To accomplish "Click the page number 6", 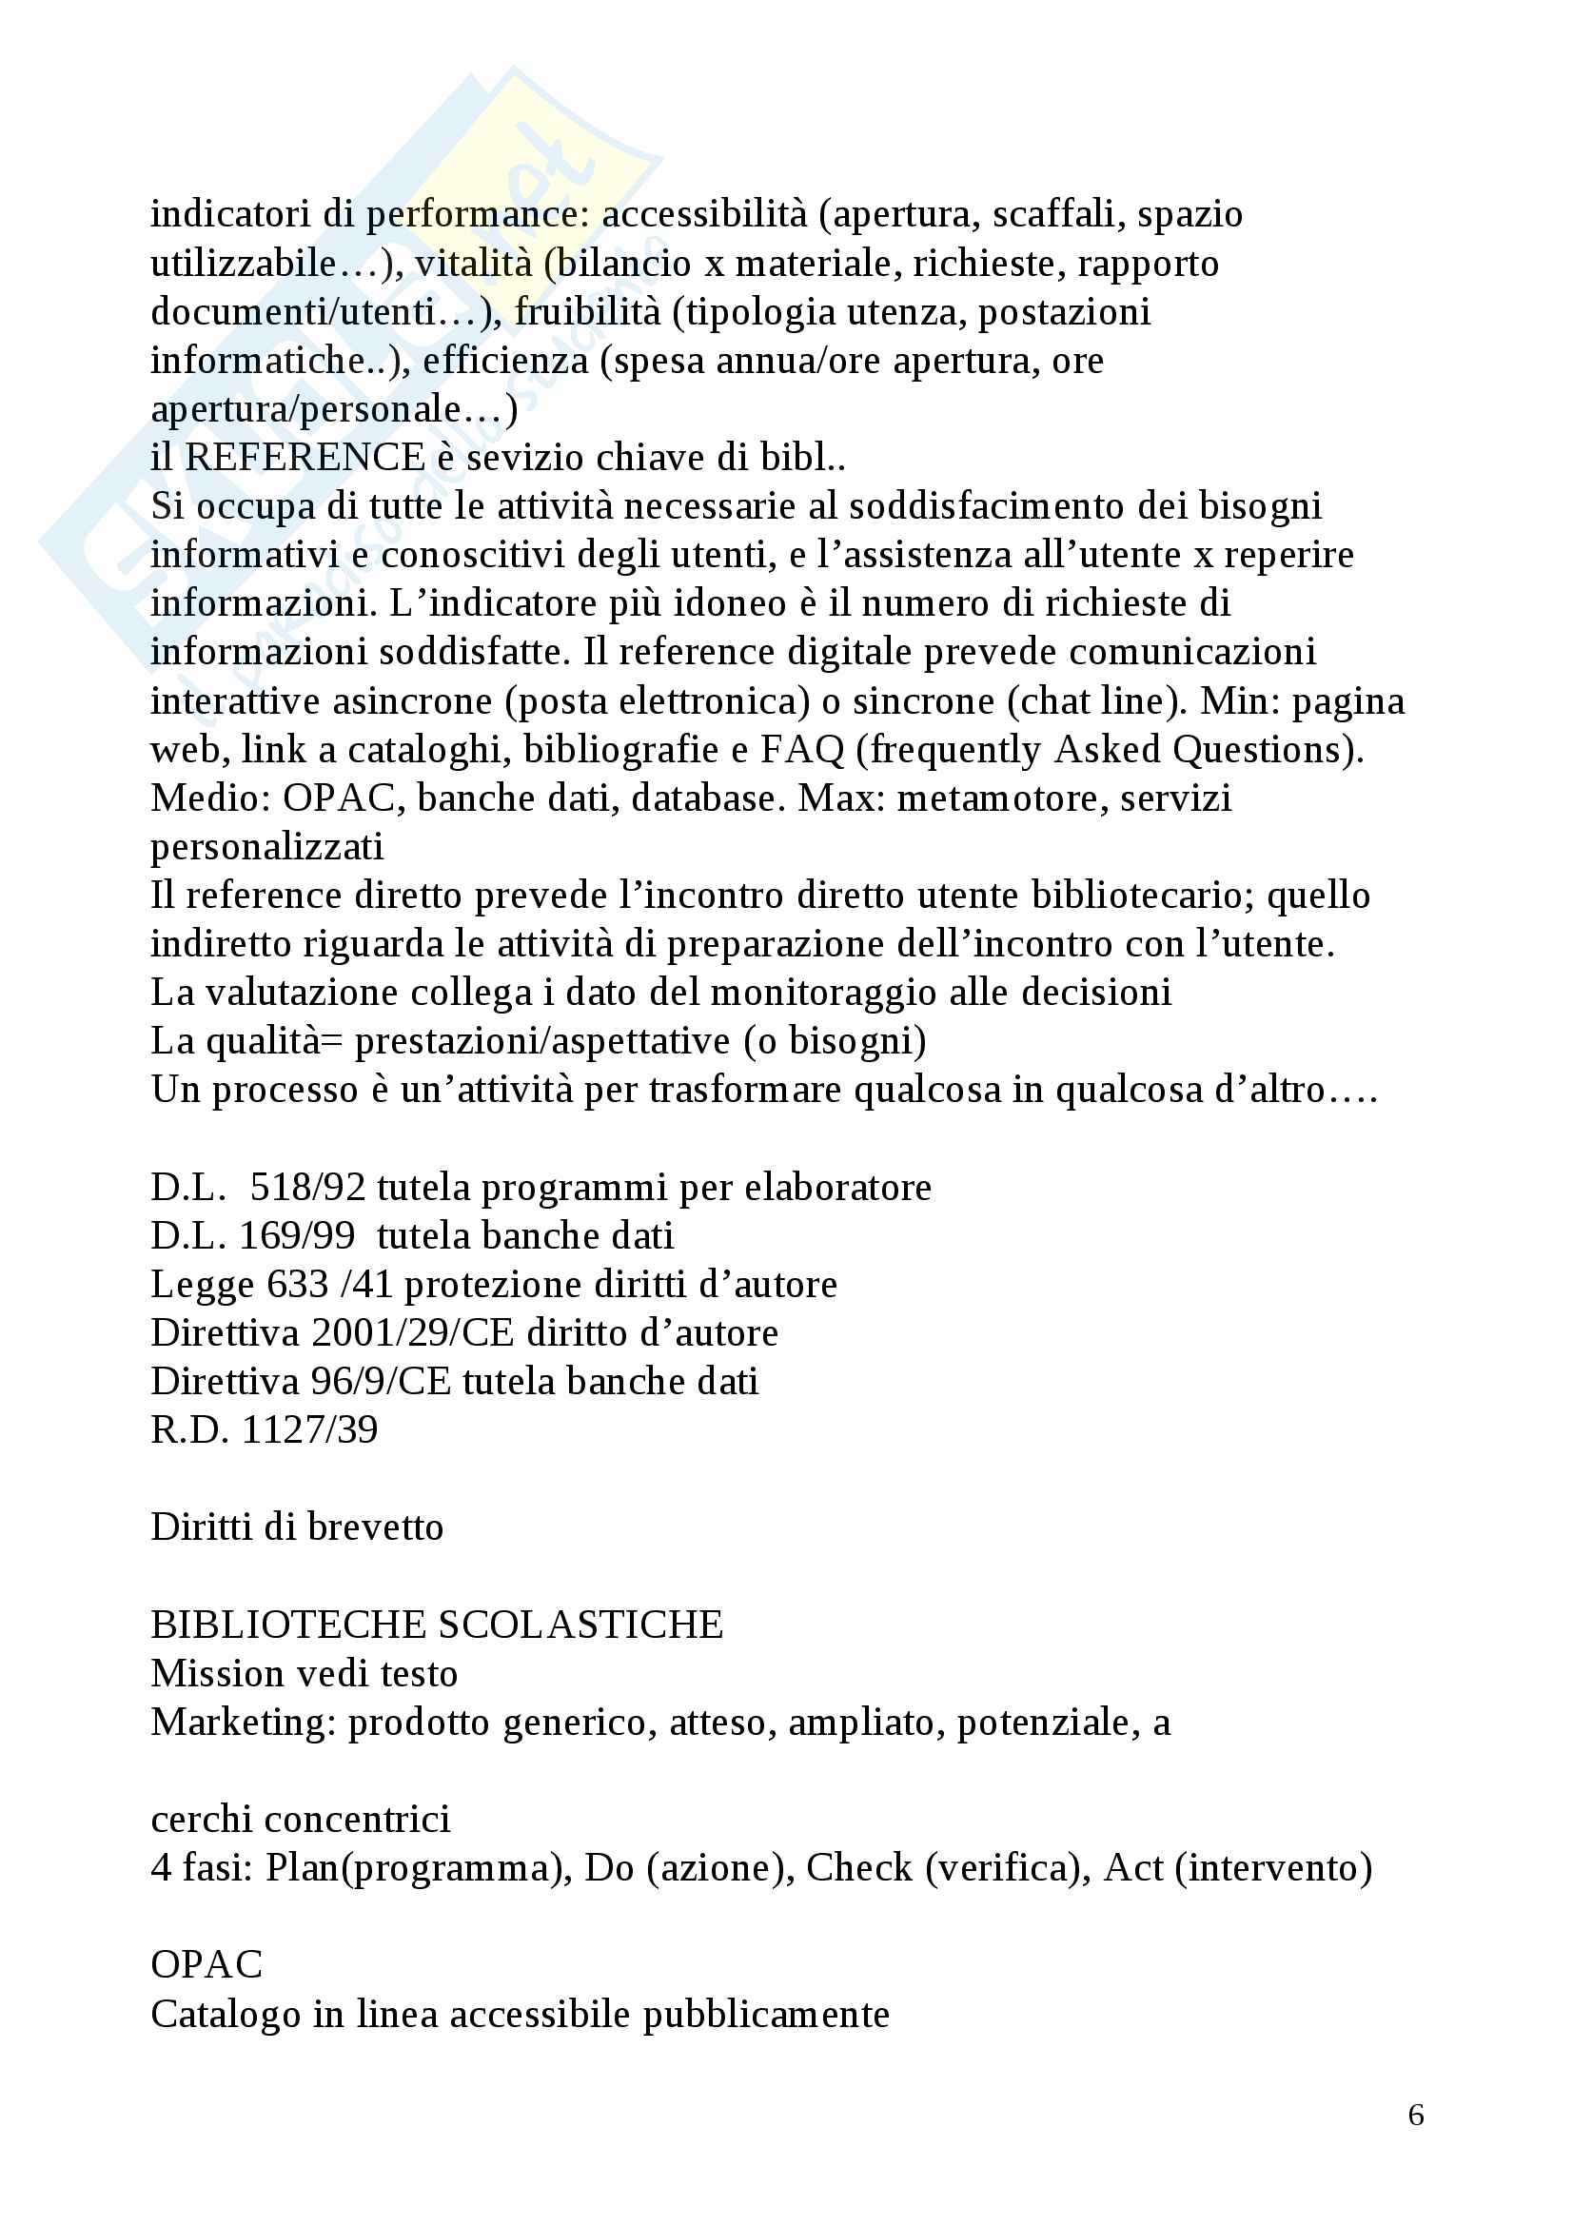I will [1415, 2115].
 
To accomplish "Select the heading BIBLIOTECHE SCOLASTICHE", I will [437, 1625].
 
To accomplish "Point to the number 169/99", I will [297, 1236].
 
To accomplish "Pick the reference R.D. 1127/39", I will [265, 1430].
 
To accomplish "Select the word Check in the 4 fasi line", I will [858, 1868].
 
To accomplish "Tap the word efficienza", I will [505, 361].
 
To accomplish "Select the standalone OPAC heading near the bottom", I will [206, 1965].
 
